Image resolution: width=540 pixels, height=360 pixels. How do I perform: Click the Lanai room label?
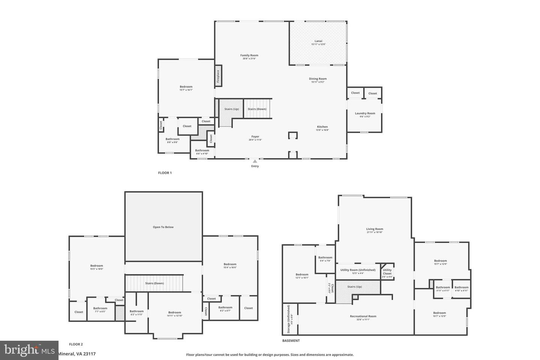[x=318, y=41]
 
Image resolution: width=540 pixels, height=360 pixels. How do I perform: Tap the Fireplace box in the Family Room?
[x=218, y=76]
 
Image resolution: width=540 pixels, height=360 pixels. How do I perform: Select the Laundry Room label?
[x=365, y=113]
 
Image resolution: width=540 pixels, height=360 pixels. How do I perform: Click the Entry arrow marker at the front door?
[x=255, y=161]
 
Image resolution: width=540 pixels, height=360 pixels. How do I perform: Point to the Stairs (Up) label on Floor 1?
[x=231, y=109]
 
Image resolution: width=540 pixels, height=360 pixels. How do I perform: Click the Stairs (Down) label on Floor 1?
[x=257, y=109]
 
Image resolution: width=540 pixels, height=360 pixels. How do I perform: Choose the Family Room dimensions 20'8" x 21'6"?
[x=249, y=58]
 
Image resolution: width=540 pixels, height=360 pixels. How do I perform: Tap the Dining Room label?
[x=318, y=79]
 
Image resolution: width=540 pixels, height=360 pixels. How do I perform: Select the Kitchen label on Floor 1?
[x=322, y=127]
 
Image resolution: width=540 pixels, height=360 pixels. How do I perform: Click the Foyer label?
[x=255, y=136]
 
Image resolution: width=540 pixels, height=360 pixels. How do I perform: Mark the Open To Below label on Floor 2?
[x=163, y=227]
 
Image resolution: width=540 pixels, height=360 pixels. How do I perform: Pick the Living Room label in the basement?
[x=374, y=229]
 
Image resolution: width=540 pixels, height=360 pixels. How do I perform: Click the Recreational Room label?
[x=363, y=316]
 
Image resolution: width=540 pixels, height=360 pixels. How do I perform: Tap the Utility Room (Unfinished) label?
[x=358, y=270]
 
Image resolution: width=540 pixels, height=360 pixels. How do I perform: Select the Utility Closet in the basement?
[x=387, y=271]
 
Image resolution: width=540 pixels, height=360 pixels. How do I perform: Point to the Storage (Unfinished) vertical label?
[x=289, y=319]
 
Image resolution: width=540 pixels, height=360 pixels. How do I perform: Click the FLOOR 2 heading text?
[x=76, y=344]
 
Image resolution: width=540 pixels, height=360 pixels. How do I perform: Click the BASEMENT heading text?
[x=291, y=341]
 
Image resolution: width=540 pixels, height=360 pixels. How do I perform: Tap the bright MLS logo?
[x=29, y=350]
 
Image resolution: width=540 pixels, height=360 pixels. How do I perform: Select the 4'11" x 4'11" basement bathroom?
[x=442, y=289]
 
